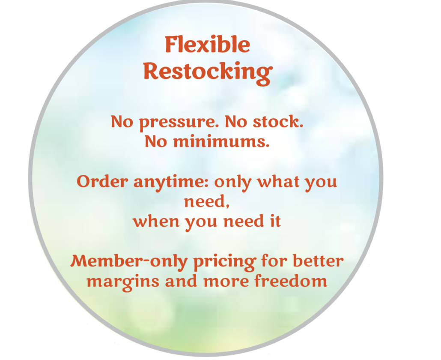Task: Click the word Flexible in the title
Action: click(208, 45)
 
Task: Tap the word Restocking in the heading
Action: click(208, 72)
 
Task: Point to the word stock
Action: click(278, 122)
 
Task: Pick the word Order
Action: click(102, 182)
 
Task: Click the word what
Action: click(279, 181)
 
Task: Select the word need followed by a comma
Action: click(207, 201)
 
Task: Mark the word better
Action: click(318, 261)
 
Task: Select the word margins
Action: click(123, 282)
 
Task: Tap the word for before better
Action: click(274, 261)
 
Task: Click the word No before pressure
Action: click(122, 122)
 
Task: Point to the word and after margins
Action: click(181, 280)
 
